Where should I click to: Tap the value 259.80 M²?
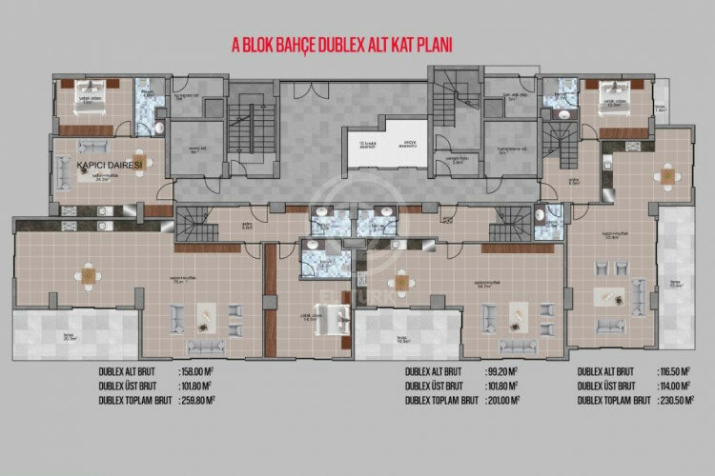click(x=204, y=401)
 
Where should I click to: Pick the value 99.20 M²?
click(x=500, y=373)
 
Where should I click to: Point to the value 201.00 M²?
click(x=501, y=401)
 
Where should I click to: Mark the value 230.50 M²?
click(x=680, y=401)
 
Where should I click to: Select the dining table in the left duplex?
click(x=88, y=277)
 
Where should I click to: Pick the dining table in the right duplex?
click(x=668, y=176)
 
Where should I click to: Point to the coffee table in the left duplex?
click(x=202, y=313)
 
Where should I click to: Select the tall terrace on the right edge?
click(x=678, y=286)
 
